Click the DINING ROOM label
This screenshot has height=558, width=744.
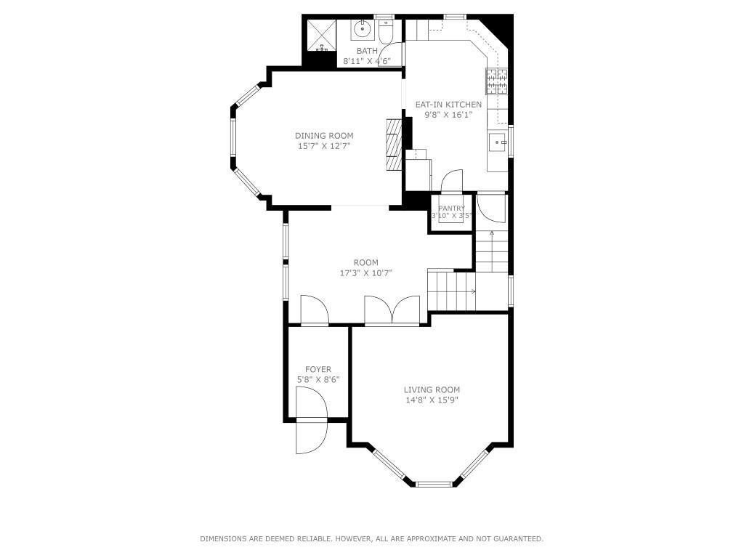tap(324, 136)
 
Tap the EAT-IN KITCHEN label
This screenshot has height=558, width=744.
tap(448, 105)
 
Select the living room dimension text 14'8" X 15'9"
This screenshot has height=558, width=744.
tap(432, 400)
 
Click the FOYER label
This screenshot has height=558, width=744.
tap(318, 369)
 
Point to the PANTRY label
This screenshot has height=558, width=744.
tap(451, 209)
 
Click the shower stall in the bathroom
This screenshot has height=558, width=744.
tap(320, 34)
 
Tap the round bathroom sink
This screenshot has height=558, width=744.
tap(362, 31)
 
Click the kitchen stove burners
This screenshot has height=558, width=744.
tap(496, 81)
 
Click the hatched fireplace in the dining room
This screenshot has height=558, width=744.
tap(393, 145)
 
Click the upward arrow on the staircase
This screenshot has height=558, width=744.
tap(492, 235)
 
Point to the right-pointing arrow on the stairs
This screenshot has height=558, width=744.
tap(473, 292)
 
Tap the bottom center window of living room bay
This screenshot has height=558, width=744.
tap(434, 483)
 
